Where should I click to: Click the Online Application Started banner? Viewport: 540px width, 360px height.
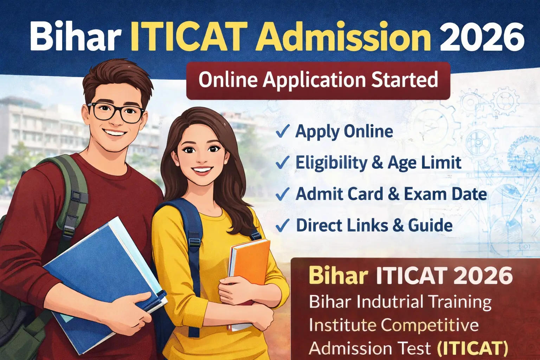[318, 80]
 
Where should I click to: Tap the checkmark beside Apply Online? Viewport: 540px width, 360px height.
[282, 131]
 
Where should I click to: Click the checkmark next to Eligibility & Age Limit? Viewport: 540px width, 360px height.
[282, 163]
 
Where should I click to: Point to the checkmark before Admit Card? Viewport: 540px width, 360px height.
[282, 194]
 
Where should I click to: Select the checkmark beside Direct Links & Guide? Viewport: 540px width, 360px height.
[282, 225]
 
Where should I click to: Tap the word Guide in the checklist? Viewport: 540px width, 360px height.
[430, 225]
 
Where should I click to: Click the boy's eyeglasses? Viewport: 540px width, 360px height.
[116, 112]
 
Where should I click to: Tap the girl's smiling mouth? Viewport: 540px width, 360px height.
[201, 170]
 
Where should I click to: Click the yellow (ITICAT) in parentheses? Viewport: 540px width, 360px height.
[472, 348]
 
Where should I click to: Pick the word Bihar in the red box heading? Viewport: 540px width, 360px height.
[338, 276]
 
